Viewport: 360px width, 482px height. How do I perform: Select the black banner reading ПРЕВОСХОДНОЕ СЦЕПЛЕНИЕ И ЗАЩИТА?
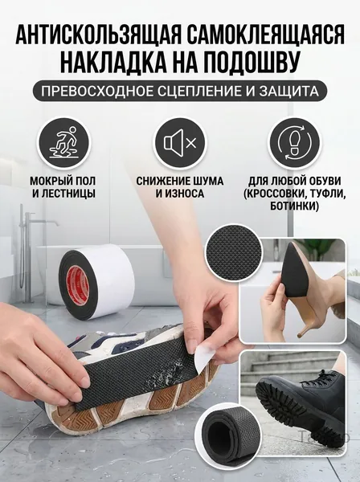(179, 91)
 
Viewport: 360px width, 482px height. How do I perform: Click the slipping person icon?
(65, 143)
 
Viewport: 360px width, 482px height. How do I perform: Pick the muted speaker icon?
(180, 143)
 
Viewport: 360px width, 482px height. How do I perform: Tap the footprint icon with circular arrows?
(294, 143)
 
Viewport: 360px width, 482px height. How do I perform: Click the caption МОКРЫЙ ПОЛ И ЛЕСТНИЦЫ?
(63, 187)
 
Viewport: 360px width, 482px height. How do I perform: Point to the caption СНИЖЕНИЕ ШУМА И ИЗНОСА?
(180, 187)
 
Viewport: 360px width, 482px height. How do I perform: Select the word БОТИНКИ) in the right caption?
(294, 206)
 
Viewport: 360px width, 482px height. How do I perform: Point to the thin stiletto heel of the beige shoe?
(309, 321)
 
